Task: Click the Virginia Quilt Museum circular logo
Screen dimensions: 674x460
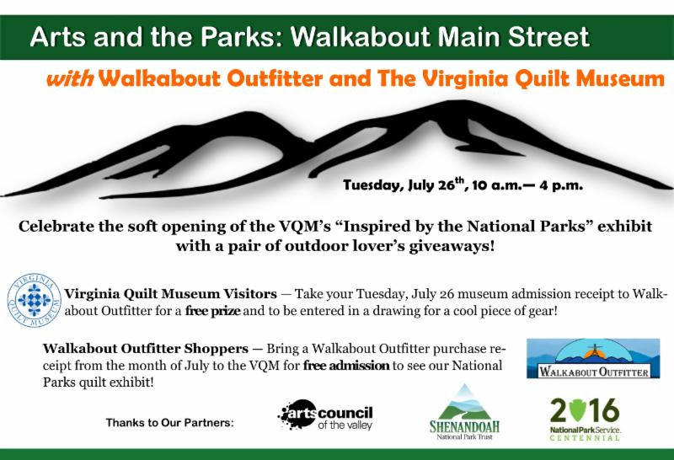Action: click(x=35, y=300)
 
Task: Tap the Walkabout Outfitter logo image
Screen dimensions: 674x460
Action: click(x=593, y=359)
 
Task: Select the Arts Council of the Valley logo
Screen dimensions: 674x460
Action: click(x=325, y=415)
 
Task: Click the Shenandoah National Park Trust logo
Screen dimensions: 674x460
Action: click(x=464, y=412)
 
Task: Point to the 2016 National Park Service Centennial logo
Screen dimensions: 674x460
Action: click(x=585, y=420)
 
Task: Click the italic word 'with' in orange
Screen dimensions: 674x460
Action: click(x=70, y=78)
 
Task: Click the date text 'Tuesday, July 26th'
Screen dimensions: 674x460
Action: click(x=404, y=185)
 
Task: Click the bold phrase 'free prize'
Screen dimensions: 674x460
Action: click(x=213, y=310)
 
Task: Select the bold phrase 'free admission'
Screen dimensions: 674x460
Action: click(x=346, y=366)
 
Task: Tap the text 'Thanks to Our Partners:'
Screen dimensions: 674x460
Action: click(x=170, y=423)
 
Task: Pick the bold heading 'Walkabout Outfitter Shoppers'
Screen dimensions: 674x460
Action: click(x=145, y=348)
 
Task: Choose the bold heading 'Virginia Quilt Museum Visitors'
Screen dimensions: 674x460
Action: click(x=171, y=294)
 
